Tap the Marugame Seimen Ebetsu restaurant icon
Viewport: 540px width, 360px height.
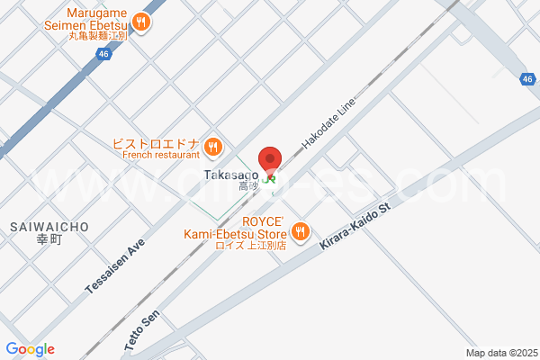coord(140,22)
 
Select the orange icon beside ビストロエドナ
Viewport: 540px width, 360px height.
coord(212,146)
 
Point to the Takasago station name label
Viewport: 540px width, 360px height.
coord(232,174)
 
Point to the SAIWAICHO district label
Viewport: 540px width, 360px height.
coord(50,227)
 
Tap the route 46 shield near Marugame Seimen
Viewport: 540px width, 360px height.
coord(103,55)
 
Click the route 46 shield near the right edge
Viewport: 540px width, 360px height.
coord(527,79)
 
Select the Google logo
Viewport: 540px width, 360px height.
coord(30,349)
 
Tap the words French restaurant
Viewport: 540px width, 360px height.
coord(161,155)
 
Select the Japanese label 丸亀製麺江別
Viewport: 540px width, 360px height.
coord(98,36)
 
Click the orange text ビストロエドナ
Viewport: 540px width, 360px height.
coord(155,143)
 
